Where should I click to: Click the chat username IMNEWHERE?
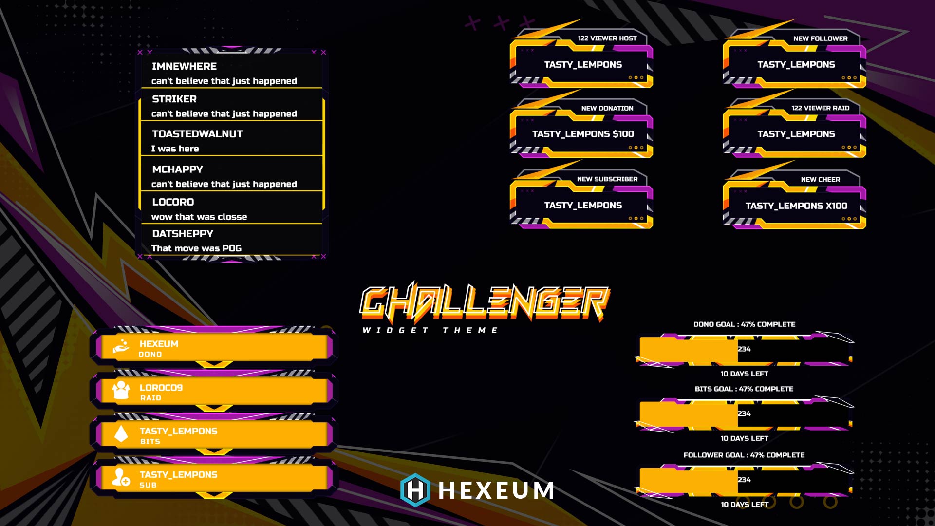point(184,66)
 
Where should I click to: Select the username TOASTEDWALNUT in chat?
point(197,134)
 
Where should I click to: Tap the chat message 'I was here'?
point(175,149)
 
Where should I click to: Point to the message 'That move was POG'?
point(196,248)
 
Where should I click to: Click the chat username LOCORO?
point(173,202)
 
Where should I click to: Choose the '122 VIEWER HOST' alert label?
point(607,38)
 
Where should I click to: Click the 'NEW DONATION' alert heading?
point(607,108)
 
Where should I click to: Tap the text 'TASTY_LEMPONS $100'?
point(583,134)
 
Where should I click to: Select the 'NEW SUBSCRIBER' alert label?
point(607,179)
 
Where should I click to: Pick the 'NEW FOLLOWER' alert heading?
point(820,38)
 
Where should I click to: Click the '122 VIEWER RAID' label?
point(820,108)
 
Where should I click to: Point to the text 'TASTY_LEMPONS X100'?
point(796,206)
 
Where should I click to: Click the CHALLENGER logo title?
point(484,302)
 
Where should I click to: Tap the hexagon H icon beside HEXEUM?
point(415,490)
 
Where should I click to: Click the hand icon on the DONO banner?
point(121,346)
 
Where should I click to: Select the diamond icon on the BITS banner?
point(121,433)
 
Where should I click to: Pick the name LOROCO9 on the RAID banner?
point(161,388)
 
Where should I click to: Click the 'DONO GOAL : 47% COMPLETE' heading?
point(744,324)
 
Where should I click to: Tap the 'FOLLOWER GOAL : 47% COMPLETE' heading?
point(744,455)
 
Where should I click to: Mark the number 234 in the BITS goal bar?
point(744,414)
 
